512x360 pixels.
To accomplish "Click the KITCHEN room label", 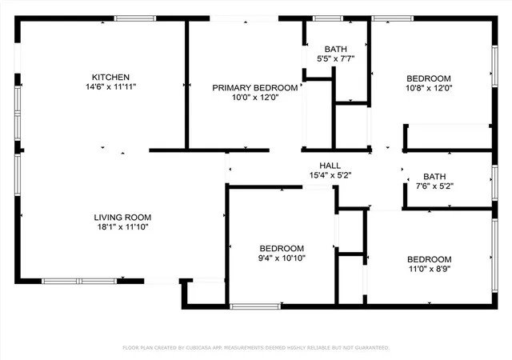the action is click(110, 77).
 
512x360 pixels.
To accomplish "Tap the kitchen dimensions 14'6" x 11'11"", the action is click(110, 87).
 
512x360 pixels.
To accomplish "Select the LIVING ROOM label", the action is click(122, 218).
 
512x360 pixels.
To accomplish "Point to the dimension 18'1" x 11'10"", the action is click(122, 227).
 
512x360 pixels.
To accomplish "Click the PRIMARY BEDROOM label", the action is click(255, 87).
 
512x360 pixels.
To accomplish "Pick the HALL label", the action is click(330, 166).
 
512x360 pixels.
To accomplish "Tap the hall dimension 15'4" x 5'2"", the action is click(330, 175).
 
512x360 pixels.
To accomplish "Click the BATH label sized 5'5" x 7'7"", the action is click(336, 49).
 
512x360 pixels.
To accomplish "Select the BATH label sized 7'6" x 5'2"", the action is click(434, 177).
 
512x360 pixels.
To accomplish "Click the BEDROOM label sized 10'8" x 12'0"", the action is click(429, 78).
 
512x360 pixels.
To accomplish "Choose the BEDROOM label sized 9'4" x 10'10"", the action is click(282, 248).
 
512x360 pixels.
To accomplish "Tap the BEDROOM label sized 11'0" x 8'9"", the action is click(430, 259).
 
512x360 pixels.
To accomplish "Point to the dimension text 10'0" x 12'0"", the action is click(255, 98).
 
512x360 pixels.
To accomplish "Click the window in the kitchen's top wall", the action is click(135, 18).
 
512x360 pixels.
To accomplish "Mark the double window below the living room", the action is click(79, 281).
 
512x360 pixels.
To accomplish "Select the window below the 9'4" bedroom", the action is click(255, 306).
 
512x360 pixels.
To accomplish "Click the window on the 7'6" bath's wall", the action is click(495, 182).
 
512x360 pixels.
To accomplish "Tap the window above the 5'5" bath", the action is click(328, 18).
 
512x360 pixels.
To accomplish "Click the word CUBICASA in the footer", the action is click(198, 347).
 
